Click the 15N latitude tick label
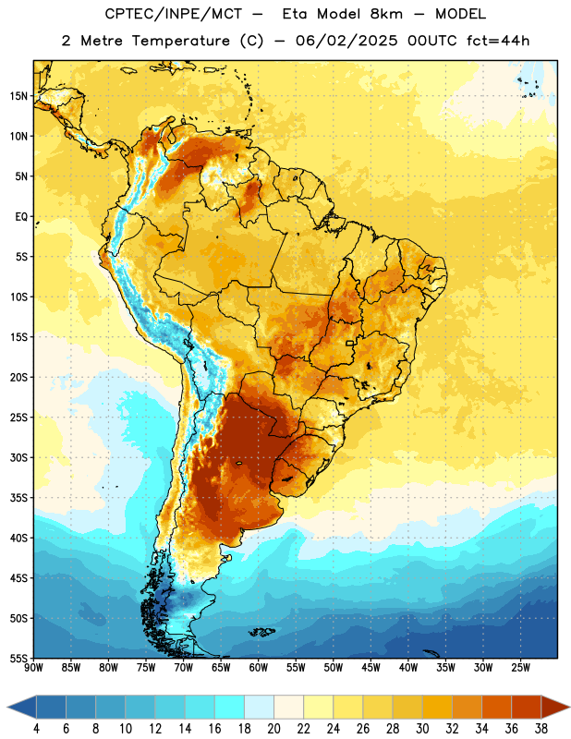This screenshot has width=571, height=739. pyautogui.click(x=18, y=96)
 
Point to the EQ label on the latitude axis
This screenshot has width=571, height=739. pyautogui.click(x=21, y=217)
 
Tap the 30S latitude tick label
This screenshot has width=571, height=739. pyautogui.click(x=18, y=457)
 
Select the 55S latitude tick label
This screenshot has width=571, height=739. pyautogui.click(x=18, y=659)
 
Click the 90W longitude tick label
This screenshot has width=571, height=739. pyautogui.click(x=33, y=667)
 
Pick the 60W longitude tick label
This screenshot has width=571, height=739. pyautogui.click(x=258, y=667)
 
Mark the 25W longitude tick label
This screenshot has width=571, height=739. pyautogui.click(x=520, y=667)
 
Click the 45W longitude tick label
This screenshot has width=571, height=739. pyautogui.click(x=371, y=667)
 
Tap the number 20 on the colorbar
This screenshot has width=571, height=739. pyautogui.click(x=273, y=729)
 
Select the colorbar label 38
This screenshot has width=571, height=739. pyautogui.click(x=541, y=729)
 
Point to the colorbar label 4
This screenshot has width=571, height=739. pyautogui.click(x=36, y=729)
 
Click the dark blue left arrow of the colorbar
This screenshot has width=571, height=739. pyautogui.click(x=21, y=707)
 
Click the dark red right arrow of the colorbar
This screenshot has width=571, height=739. pyautogui.click(x=555, y=707)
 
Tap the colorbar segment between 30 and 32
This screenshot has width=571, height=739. pyautogui.click(x=437, y=707)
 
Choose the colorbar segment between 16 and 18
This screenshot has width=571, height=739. pyautogui.click(x=229, y=707)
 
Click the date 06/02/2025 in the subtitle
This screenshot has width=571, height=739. pyautogui.click(x=346, y=41)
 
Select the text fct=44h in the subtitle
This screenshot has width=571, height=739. pyautogui.click(x=498, y=41)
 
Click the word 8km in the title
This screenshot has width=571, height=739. pyautogui.click(x=386, y=14)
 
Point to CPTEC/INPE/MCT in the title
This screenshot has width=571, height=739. pyautogui.click(x=174, y=14)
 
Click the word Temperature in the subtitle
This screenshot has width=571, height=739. pyautogui.click(x=180, y=41)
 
